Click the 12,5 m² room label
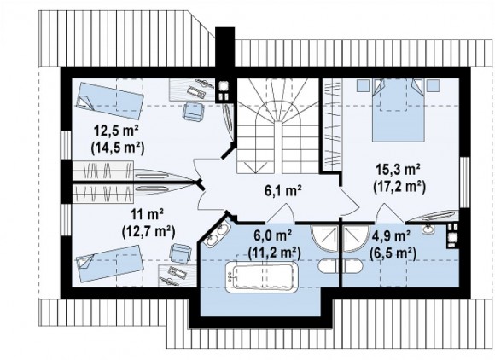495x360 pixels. [x=117, y=131]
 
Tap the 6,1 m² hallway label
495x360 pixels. [x=283, y=190]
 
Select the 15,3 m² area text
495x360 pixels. [x=398, y=170]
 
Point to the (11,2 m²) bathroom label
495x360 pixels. [x=274, y=252]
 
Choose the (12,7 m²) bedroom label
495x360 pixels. [x=148, y=231]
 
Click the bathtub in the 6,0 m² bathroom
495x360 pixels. [x=263, y=276]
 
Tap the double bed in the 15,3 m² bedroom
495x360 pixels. [x=398, y=109]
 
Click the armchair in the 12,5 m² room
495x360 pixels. [x=194, y=111]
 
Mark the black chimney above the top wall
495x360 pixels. [x=224, y=47]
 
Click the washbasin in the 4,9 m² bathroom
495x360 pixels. [x=428, y=229]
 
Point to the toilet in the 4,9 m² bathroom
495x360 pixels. [x=353, y=266]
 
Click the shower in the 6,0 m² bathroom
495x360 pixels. [x=324, y=238]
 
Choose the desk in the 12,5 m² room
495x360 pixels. [x=192, y=90]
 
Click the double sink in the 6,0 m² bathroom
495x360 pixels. [x=215, y=235]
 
